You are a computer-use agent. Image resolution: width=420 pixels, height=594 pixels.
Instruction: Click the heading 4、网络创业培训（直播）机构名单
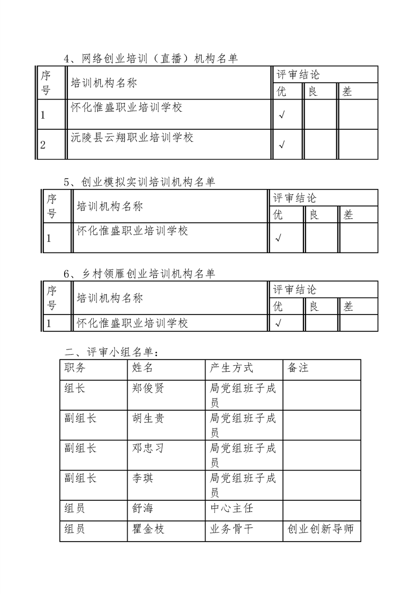click(150, 59)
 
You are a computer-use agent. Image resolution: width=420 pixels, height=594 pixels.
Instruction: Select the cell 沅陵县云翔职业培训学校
click(132, 138)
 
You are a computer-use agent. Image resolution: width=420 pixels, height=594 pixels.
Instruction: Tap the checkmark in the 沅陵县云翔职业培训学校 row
click(282, 144)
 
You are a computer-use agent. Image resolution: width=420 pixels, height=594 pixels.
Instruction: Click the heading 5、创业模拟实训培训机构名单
click(139, 182)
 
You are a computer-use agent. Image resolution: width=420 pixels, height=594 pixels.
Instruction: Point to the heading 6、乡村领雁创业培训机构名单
click(139, 274)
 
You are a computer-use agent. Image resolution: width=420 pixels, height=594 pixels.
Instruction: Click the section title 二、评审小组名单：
click(110, 352)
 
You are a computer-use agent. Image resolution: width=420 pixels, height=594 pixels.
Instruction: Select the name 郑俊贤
click(148, 388)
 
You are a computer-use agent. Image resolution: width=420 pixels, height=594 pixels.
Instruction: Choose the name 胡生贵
click(148, 418)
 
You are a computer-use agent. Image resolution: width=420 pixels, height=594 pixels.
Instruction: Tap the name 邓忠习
click(148, 448)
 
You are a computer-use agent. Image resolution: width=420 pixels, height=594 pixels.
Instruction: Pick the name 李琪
click(142, 478)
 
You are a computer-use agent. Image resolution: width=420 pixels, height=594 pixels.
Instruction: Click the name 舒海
click(142, 508)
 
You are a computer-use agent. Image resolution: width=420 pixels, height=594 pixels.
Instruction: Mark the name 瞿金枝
click(148, 529)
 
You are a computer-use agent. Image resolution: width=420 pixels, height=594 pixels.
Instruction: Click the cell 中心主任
click(231, 508)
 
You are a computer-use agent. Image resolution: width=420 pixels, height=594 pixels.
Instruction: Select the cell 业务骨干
click(231, 529)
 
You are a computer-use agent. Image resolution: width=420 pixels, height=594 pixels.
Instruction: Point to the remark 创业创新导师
click(321, 529)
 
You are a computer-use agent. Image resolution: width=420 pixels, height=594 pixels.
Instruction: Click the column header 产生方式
click(231, 367)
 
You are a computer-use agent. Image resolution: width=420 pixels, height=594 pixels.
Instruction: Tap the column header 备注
click(298, 367)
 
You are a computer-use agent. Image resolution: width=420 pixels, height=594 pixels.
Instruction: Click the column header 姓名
click(142, 367)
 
